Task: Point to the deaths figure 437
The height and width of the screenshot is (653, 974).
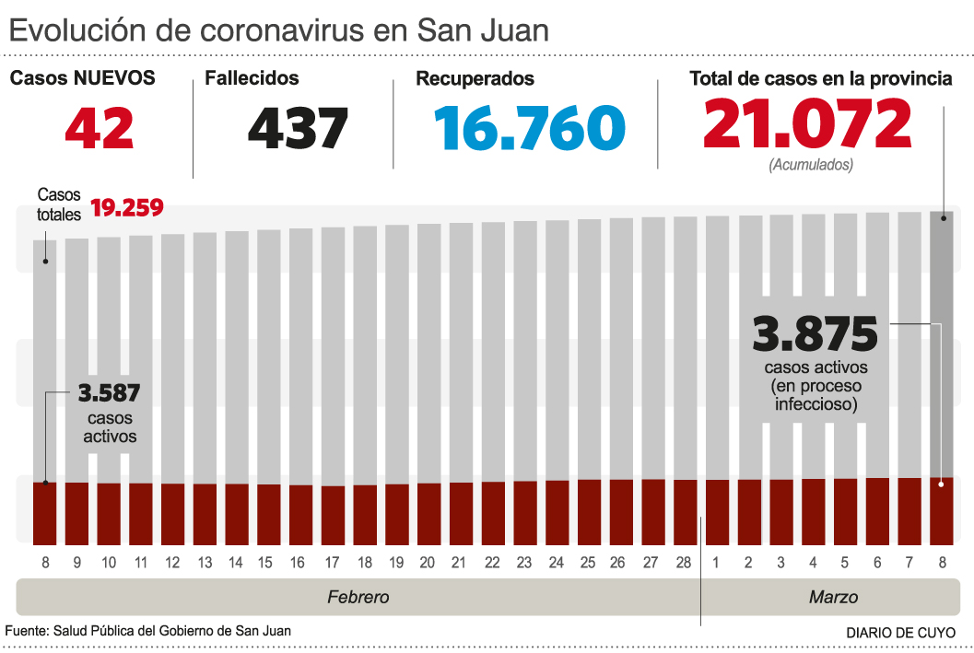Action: point(298,128)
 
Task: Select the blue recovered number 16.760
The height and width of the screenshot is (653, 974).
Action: point(532,128)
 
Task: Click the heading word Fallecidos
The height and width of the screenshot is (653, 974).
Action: point(252,79)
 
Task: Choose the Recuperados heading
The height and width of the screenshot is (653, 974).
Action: point(475,79)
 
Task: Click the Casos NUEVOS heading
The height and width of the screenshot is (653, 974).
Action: point(82,79)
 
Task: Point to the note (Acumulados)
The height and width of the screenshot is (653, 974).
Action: point(811,165)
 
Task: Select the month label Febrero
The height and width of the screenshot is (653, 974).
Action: point(358,597)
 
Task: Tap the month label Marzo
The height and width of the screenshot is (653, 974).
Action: point(833,597)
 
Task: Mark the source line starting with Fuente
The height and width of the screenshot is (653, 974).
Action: point(147,631)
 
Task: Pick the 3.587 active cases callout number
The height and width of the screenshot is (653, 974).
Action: point(109,394)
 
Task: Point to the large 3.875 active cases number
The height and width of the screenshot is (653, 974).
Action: point(815,334)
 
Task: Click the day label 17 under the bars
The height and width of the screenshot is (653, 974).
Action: point(334,563)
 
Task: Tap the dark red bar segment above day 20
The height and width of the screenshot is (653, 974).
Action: point(429,512)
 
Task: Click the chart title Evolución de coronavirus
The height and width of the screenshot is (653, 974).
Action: point(278,29)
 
